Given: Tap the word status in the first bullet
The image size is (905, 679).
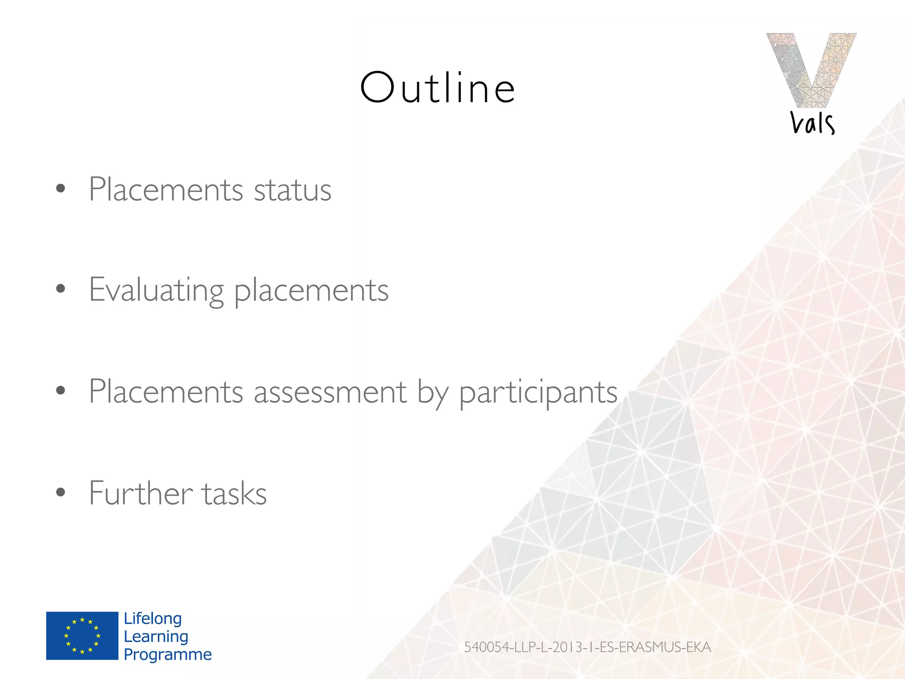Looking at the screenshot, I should click(x=293, y=190).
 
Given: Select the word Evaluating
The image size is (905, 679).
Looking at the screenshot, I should click(x=156, y=290).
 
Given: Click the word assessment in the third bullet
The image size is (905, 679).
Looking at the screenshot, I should click(x=330, y=392).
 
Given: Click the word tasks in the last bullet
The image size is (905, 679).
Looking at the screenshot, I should click(x=234, y=493).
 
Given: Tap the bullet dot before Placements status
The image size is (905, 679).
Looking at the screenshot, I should click(x=61, y=189).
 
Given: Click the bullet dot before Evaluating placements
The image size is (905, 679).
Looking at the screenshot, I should click(x=61, y=289).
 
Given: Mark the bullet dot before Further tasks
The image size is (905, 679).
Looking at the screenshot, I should click(x=61, y=492).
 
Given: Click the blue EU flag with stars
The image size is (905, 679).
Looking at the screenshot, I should click(x=82, y=636).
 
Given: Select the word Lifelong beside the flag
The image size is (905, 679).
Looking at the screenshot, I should click(x=153, y=618).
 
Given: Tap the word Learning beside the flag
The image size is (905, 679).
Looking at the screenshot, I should click(x=156, y=637).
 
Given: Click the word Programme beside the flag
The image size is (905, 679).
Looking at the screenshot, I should click(x=167, y=654).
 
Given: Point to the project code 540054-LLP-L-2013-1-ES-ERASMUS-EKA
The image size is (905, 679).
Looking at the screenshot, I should click(x=587, y=647).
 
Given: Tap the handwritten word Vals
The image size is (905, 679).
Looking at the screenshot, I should click(x=812, y=123).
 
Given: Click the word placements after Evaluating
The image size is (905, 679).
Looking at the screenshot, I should click(x=311, y=291).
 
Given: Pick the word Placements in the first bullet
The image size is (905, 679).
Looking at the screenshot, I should click(x=166, y=190).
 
